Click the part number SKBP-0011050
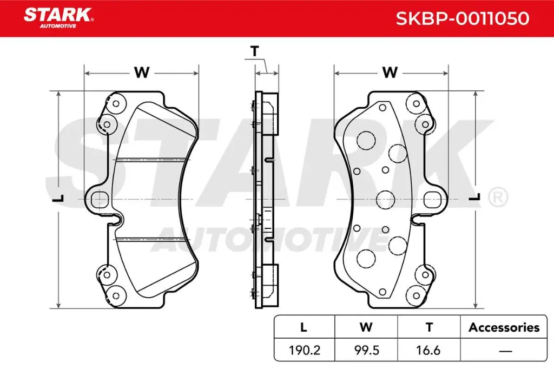(x=462, y=19)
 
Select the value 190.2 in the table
(x=305, y=350)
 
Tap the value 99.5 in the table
(x=367, y=350)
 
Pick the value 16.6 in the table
(x=429, y=350)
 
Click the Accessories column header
(x=504, y=327)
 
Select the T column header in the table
(x=429, y=327)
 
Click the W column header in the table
(x=366, y=327)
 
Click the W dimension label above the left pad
(x=141, y=73)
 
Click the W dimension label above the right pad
(x=390, y=73)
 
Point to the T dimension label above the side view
(x=254, y=52)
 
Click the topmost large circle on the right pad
(x=367, y=140)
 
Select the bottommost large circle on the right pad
(x=367, y=258)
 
